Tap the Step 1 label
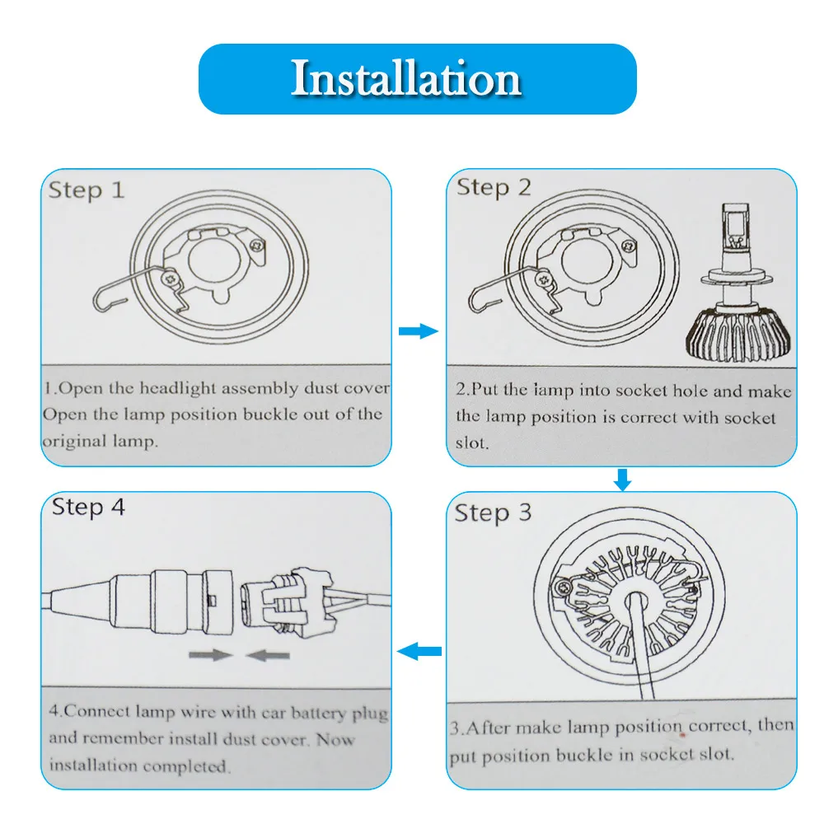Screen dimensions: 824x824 click(x=87, y=190)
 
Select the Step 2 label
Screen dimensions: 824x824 click(x=494, y=188)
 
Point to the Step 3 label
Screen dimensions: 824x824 click(x=493, y=513)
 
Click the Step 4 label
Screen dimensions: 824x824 click(x=88, y=507)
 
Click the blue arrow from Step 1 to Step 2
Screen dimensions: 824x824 click(x=419, y=331)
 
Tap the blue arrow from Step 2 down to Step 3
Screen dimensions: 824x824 click(x=623, y=480)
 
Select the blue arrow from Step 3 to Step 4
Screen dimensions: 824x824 click(x=419, y=652)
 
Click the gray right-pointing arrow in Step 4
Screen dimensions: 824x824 click(x=211, y=655)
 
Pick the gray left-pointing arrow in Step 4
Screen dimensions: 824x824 click(x=268, y=655)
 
